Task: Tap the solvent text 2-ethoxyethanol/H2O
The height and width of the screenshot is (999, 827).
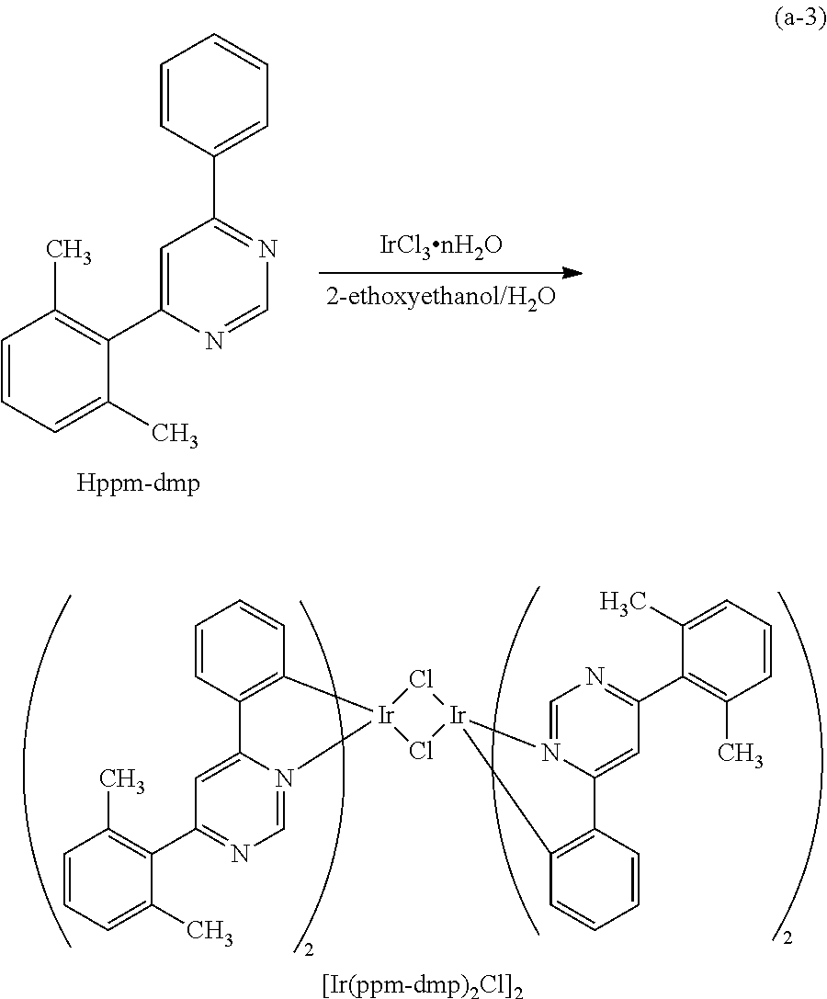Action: pos(440,299)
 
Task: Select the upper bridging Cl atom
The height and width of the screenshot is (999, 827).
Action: pos(421,681)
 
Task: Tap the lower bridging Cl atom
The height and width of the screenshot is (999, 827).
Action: pos(421,751)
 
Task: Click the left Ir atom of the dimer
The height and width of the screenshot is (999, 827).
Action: pos(387,716)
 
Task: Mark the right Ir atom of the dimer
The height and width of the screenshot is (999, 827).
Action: pos(457,716)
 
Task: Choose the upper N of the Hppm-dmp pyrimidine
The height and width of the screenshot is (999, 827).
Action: pos(266,249)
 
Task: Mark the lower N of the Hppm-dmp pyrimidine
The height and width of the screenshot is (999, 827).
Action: pos(213,341)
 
